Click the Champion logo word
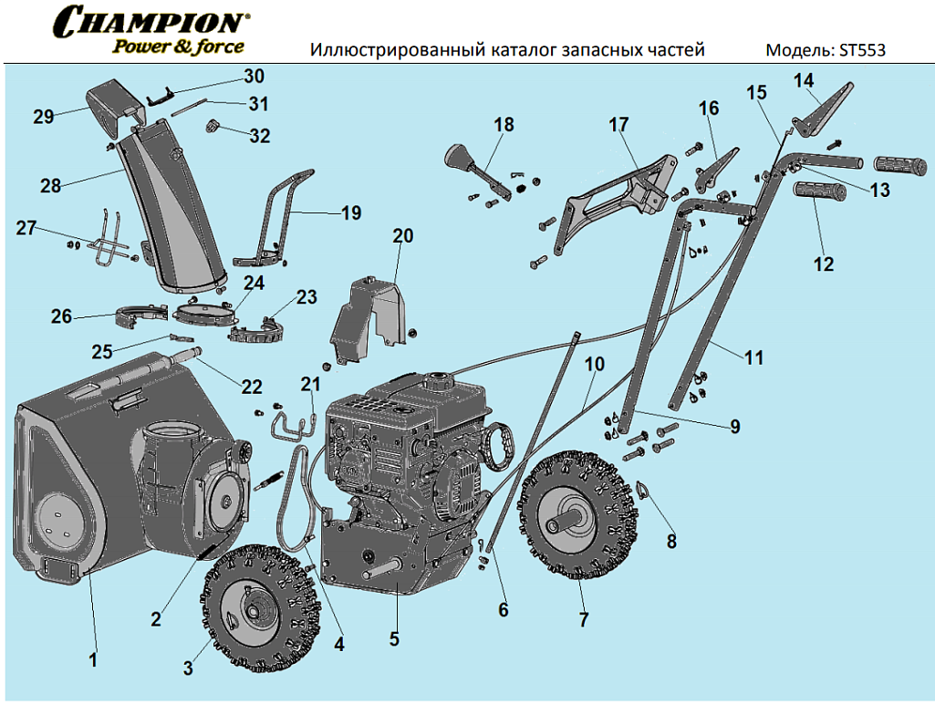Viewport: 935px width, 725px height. pos(151,21)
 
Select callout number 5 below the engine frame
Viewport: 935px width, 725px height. pos(394,638)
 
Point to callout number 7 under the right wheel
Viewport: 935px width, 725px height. pos(584,619)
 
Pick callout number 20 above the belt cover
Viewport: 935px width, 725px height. pos(402,236)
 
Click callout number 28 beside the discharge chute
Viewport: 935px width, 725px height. pos(50,185)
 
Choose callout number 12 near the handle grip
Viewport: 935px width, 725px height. pos(824,264)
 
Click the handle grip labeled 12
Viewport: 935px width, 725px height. pos(822,192)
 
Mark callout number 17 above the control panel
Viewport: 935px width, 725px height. pos(619,124)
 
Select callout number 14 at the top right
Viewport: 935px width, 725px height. pos(803,80)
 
